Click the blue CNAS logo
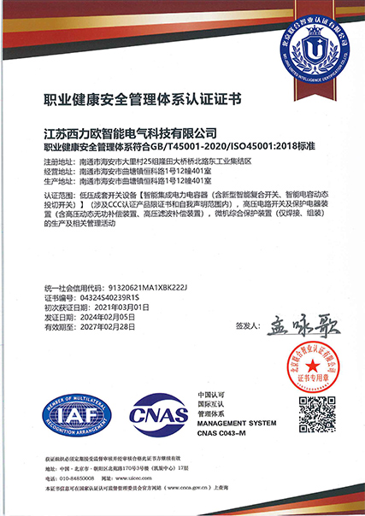(x=156, y=416)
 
